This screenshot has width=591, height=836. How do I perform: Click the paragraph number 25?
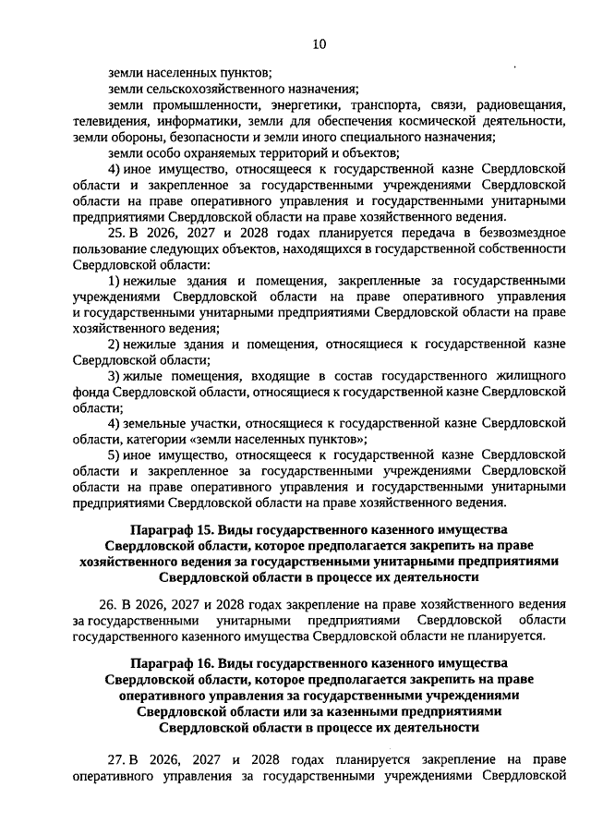115,233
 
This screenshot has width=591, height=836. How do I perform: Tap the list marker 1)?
115,281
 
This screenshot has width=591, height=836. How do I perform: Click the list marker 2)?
115,345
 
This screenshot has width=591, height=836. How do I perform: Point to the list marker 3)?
115,376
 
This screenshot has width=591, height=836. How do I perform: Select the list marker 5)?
115,455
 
